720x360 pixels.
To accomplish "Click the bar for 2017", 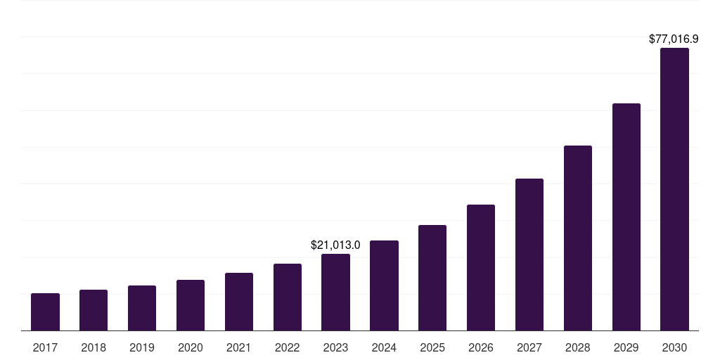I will (45, 312).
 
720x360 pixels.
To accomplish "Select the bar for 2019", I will (142, 308).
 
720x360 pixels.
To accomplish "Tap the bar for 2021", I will (239, 302).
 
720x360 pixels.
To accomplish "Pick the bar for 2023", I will (335, 292).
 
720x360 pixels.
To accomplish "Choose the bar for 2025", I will (432, 278).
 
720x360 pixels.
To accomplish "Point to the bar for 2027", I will (529, 255).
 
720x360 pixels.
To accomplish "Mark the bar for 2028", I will (578, 238).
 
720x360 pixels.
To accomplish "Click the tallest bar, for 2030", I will (674, 189).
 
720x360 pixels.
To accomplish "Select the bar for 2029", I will (626, 217).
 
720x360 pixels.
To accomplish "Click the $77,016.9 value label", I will (673, 39).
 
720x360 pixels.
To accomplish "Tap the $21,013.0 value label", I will (335, 245).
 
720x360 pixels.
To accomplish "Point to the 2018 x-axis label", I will (94, 347).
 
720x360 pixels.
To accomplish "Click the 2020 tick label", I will (191, 347).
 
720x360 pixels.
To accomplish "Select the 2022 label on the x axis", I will (288, 347).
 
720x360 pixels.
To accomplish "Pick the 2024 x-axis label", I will (384, 347).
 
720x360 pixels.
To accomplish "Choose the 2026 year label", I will (481, 347).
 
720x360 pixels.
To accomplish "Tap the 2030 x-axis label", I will (674, 347).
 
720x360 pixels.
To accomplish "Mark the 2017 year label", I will (45, 347).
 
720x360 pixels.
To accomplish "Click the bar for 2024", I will (384, 285).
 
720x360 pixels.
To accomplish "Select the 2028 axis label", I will (578, 347).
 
